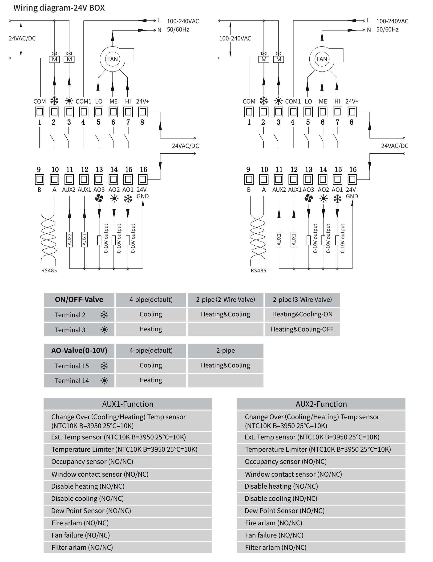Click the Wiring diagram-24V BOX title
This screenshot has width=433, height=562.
[x=59, y=8]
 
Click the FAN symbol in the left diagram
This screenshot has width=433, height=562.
[x=113, y=59]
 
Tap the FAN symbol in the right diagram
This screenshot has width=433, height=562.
[x=322, y=59]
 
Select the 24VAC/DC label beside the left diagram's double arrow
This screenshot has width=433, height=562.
[x=22, y=38]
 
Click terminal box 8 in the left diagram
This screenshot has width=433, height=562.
[x=143, y=112]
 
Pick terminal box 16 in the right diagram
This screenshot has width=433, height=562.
[x=352, y=179]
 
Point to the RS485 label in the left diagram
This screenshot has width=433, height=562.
[x=49, y=271]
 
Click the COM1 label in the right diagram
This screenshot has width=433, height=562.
[x=293, y=101]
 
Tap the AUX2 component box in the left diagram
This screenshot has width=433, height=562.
[x=69, y=239]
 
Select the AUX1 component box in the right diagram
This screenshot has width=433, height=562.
[x=294, y=239]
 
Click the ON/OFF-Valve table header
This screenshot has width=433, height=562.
[x=79, y=299]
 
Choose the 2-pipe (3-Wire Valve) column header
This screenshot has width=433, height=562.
[x=302, y=299]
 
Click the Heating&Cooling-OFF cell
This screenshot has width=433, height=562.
[x=302, y=329]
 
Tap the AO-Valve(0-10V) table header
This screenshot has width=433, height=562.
[x=79, y=351]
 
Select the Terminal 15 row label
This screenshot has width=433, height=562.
[x=72, y=366]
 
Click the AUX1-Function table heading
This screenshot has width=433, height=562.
[x=128, y=404]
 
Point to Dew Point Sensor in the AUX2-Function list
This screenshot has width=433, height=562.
[x=284, y=510]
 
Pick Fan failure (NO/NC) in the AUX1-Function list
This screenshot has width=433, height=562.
[x=81, y=535]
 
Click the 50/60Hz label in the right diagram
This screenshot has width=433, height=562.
[x=387, y=30]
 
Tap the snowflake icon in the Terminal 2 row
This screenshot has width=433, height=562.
[x=104, y=315]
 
